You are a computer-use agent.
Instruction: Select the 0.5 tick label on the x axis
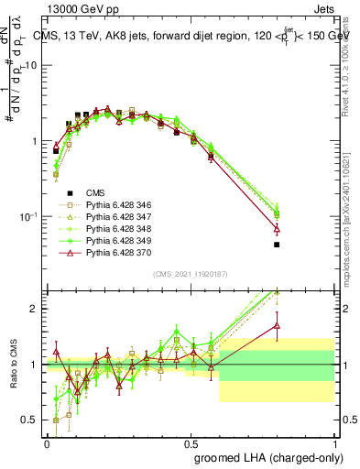(191, 442)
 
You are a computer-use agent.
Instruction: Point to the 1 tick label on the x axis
(334, 442)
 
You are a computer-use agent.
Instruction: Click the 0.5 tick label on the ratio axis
(30, 420)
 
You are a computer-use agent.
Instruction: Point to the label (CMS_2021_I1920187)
(191, 273)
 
